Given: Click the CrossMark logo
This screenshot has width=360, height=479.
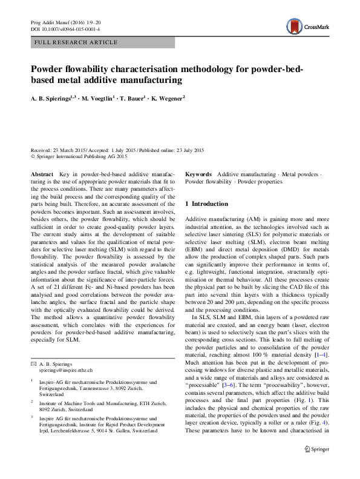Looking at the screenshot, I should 306,27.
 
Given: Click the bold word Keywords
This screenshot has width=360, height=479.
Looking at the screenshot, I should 198,173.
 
